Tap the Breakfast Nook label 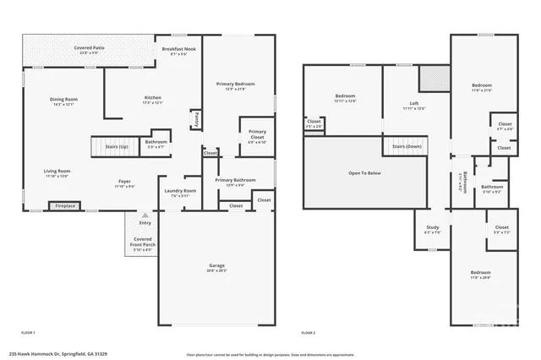pos(178,49)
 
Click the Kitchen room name pos(152,100)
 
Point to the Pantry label pos(197,117)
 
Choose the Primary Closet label pos(257,134)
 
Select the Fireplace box pos(65,205)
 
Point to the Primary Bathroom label pos(234,181)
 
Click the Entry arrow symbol pos(145,216)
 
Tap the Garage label pos(217,267)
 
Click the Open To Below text pos(365,173)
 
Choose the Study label pos(432,227)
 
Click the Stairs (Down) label pos(406,146)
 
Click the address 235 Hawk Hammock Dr pos(59,354)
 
